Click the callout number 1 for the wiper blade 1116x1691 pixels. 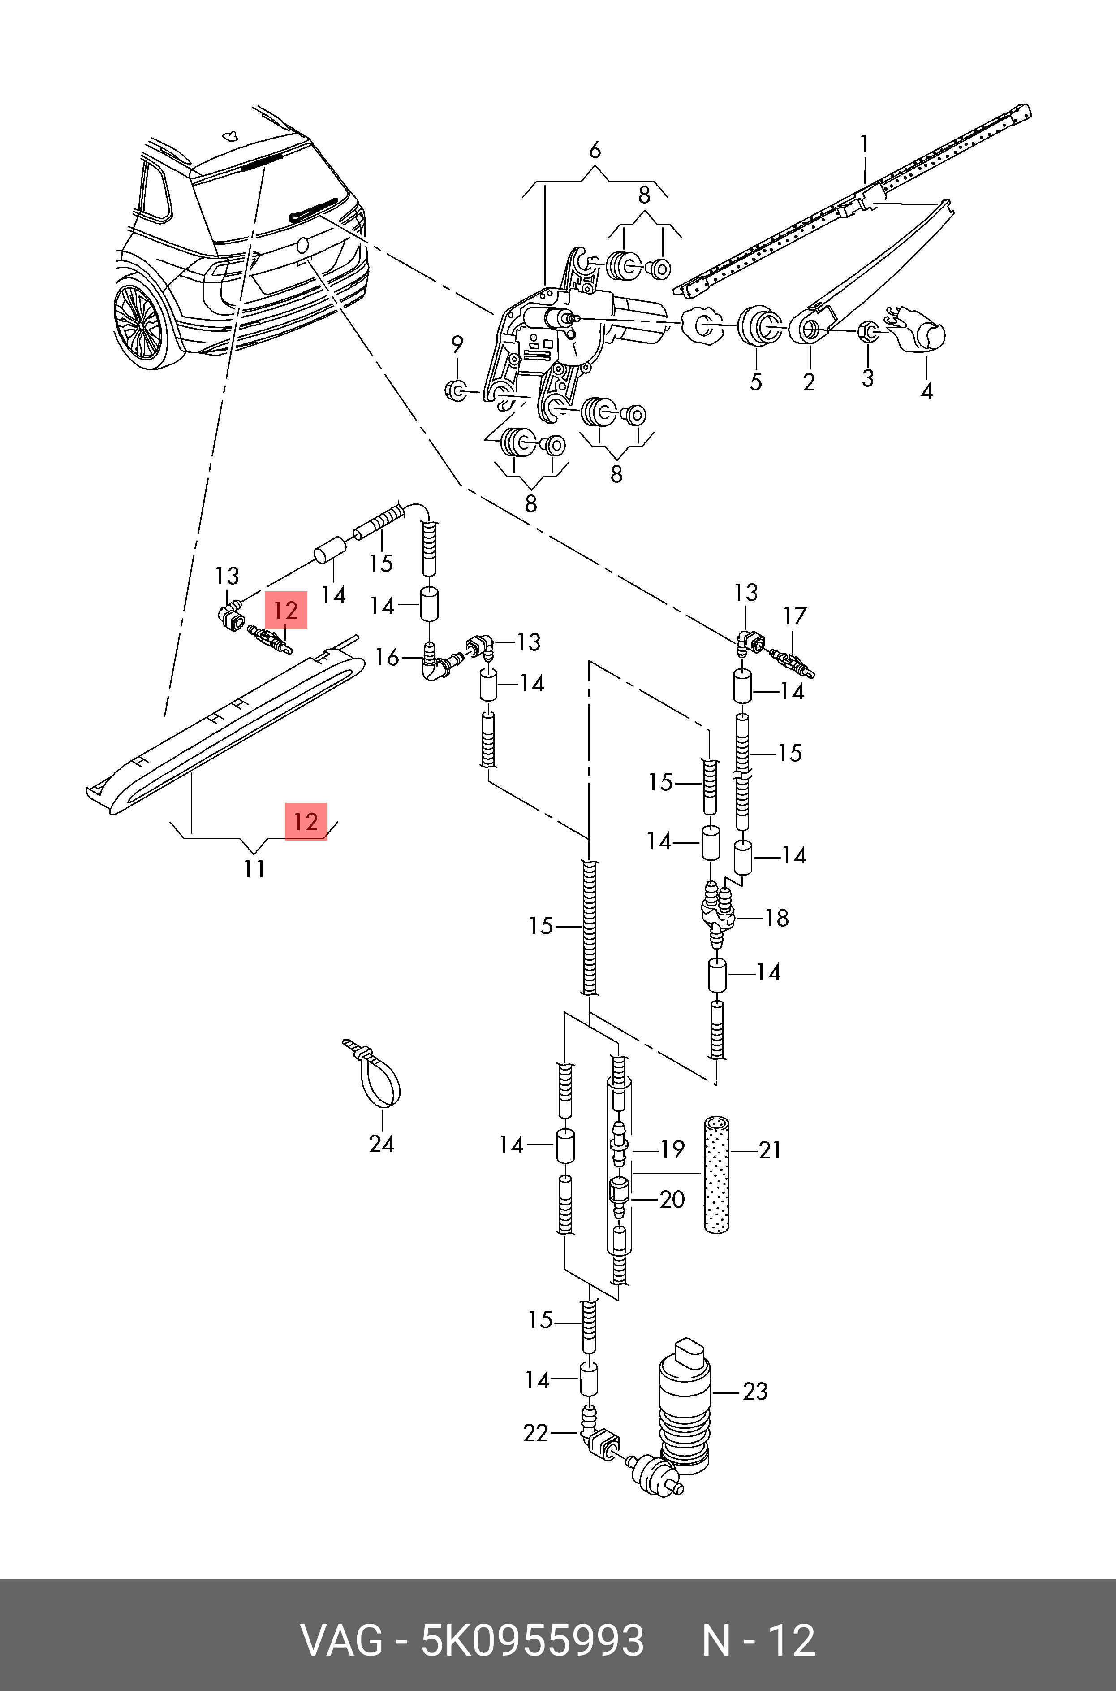(864, 144)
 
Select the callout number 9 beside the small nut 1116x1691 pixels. (457, 345)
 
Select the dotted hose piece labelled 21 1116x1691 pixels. (717, 1175)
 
